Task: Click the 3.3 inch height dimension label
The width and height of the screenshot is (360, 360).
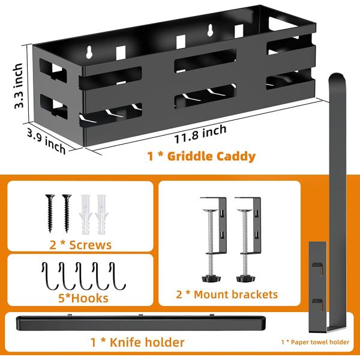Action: [19, 85]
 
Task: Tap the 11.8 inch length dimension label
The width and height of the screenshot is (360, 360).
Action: [200, 134]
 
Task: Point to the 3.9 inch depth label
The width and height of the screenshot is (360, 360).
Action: [46, 140]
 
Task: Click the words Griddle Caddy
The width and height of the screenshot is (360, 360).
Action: [211, 157]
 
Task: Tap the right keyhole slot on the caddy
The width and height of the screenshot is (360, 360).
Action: [210, 31]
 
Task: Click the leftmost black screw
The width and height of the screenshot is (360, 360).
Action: [50, 213]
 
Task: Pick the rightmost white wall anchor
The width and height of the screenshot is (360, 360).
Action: [101, 214]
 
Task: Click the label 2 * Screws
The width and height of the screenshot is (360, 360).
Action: [80, 245]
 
